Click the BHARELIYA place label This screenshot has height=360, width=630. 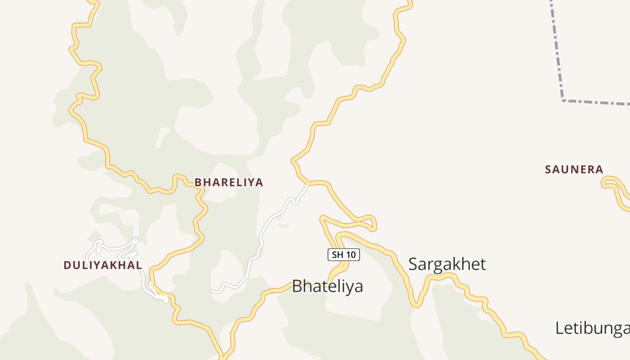[229, 182]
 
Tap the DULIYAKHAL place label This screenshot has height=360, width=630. [103, 265]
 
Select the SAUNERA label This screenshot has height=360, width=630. [574, 170]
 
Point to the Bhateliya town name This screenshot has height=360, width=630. [327, 286]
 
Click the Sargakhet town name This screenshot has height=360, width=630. [447, 264]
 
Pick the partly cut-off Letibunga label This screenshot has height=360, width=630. [592, 328]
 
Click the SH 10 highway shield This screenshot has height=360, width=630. [343, 255]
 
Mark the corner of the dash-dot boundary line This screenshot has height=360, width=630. [562, 100]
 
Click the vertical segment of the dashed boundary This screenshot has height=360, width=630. [557, 49]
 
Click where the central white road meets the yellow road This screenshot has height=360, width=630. [308, 184]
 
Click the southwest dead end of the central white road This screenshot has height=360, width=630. [212, 291]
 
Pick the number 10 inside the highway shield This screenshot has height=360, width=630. [351, 255]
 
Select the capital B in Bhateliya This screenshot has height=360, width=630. [297, 286]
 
